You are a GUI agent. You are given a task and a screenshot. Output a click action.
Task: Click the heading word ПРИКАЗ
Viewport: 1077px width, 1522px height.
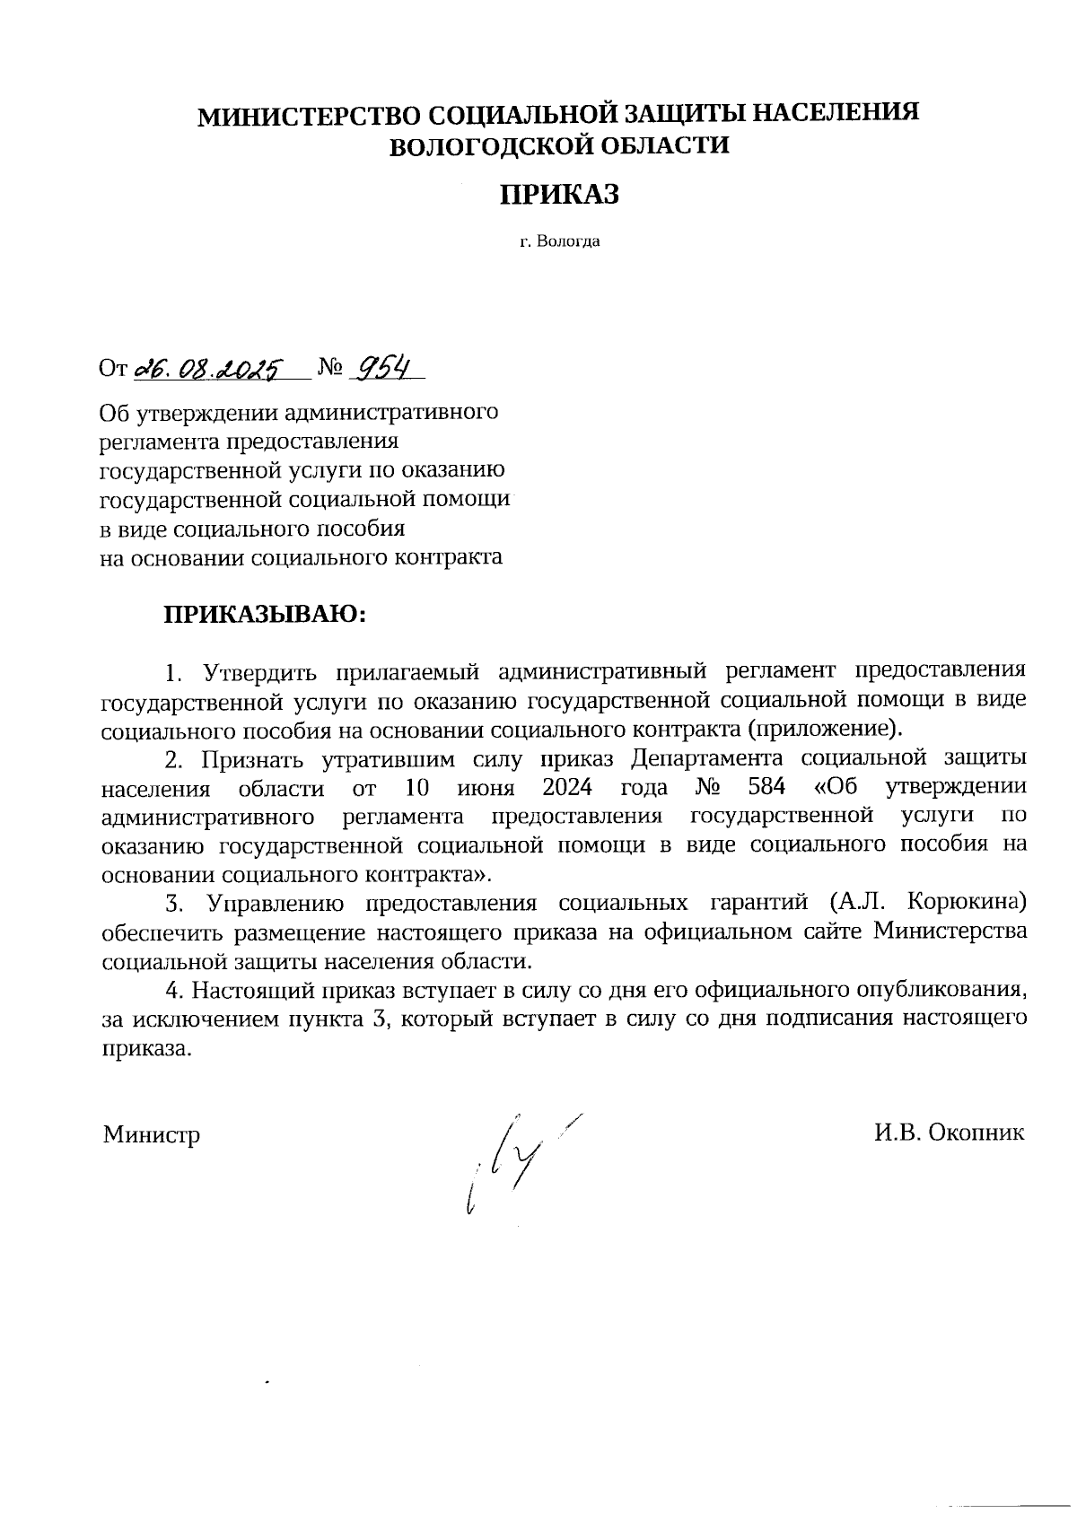(x=559, y=195)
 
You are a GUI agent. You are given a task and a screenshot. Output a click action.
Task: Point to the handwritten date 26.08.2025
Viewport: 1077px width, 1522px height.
(x=208, y=369)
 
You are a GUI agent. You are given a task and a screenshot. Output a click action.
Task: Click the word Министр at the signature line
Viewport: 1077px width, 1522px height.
(x=151, y=1134)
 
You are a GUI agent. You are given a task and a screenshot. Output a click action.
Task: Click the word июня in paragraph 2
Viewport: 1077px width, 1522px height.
(x=485, y=788)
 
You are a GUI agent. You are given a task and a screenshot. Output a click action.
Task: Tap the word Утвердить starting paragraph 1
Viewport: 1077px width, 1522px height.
(x=257, y=671)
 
